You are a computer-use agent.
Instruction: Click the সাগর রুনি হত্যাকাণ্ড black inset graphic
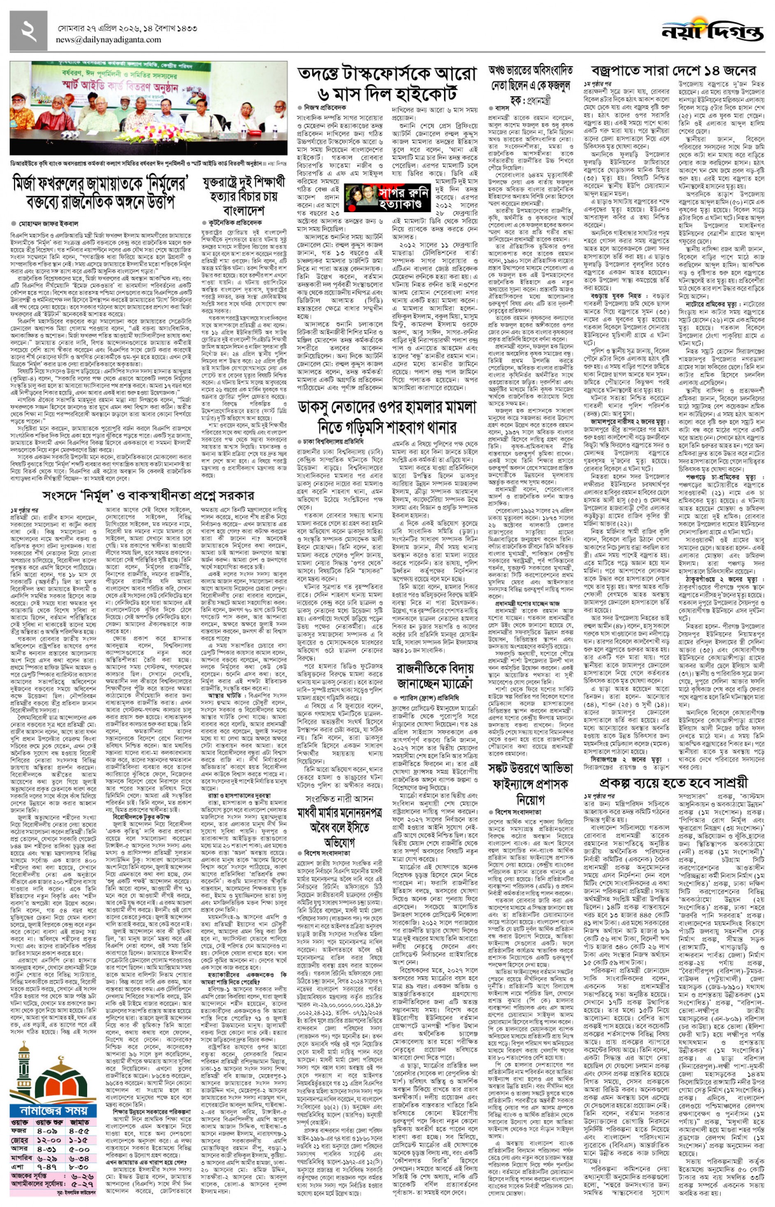[x=387, y=197]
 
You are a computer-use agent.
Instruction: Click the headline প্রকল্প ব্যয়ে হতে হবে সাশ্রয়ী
[x=674, y=783]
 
